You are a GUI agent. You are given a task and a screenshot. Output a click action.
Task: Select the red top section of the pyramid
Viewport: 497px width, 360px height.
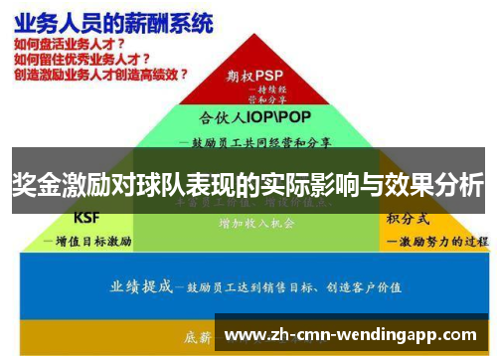(254, 85)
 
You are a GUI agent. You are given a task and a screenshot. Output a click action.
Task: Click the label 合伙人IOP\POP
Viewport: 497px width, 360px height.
(252, 115)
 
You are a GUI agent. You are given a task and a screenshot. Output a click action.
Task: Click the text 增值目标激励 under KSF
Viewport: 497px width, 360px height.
(91, 240)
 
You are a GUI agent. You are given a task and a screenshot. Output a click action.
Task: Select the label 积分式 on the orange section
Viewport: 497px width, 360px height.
(407, 218)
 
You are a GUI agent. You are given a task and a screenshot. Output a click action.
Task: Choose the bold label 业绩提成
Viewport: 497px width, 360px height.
(139, 287)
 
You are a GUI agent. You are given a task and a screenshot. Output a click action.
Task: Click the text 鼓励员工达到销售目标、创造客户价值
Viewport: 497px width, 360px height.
(298, 287)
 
